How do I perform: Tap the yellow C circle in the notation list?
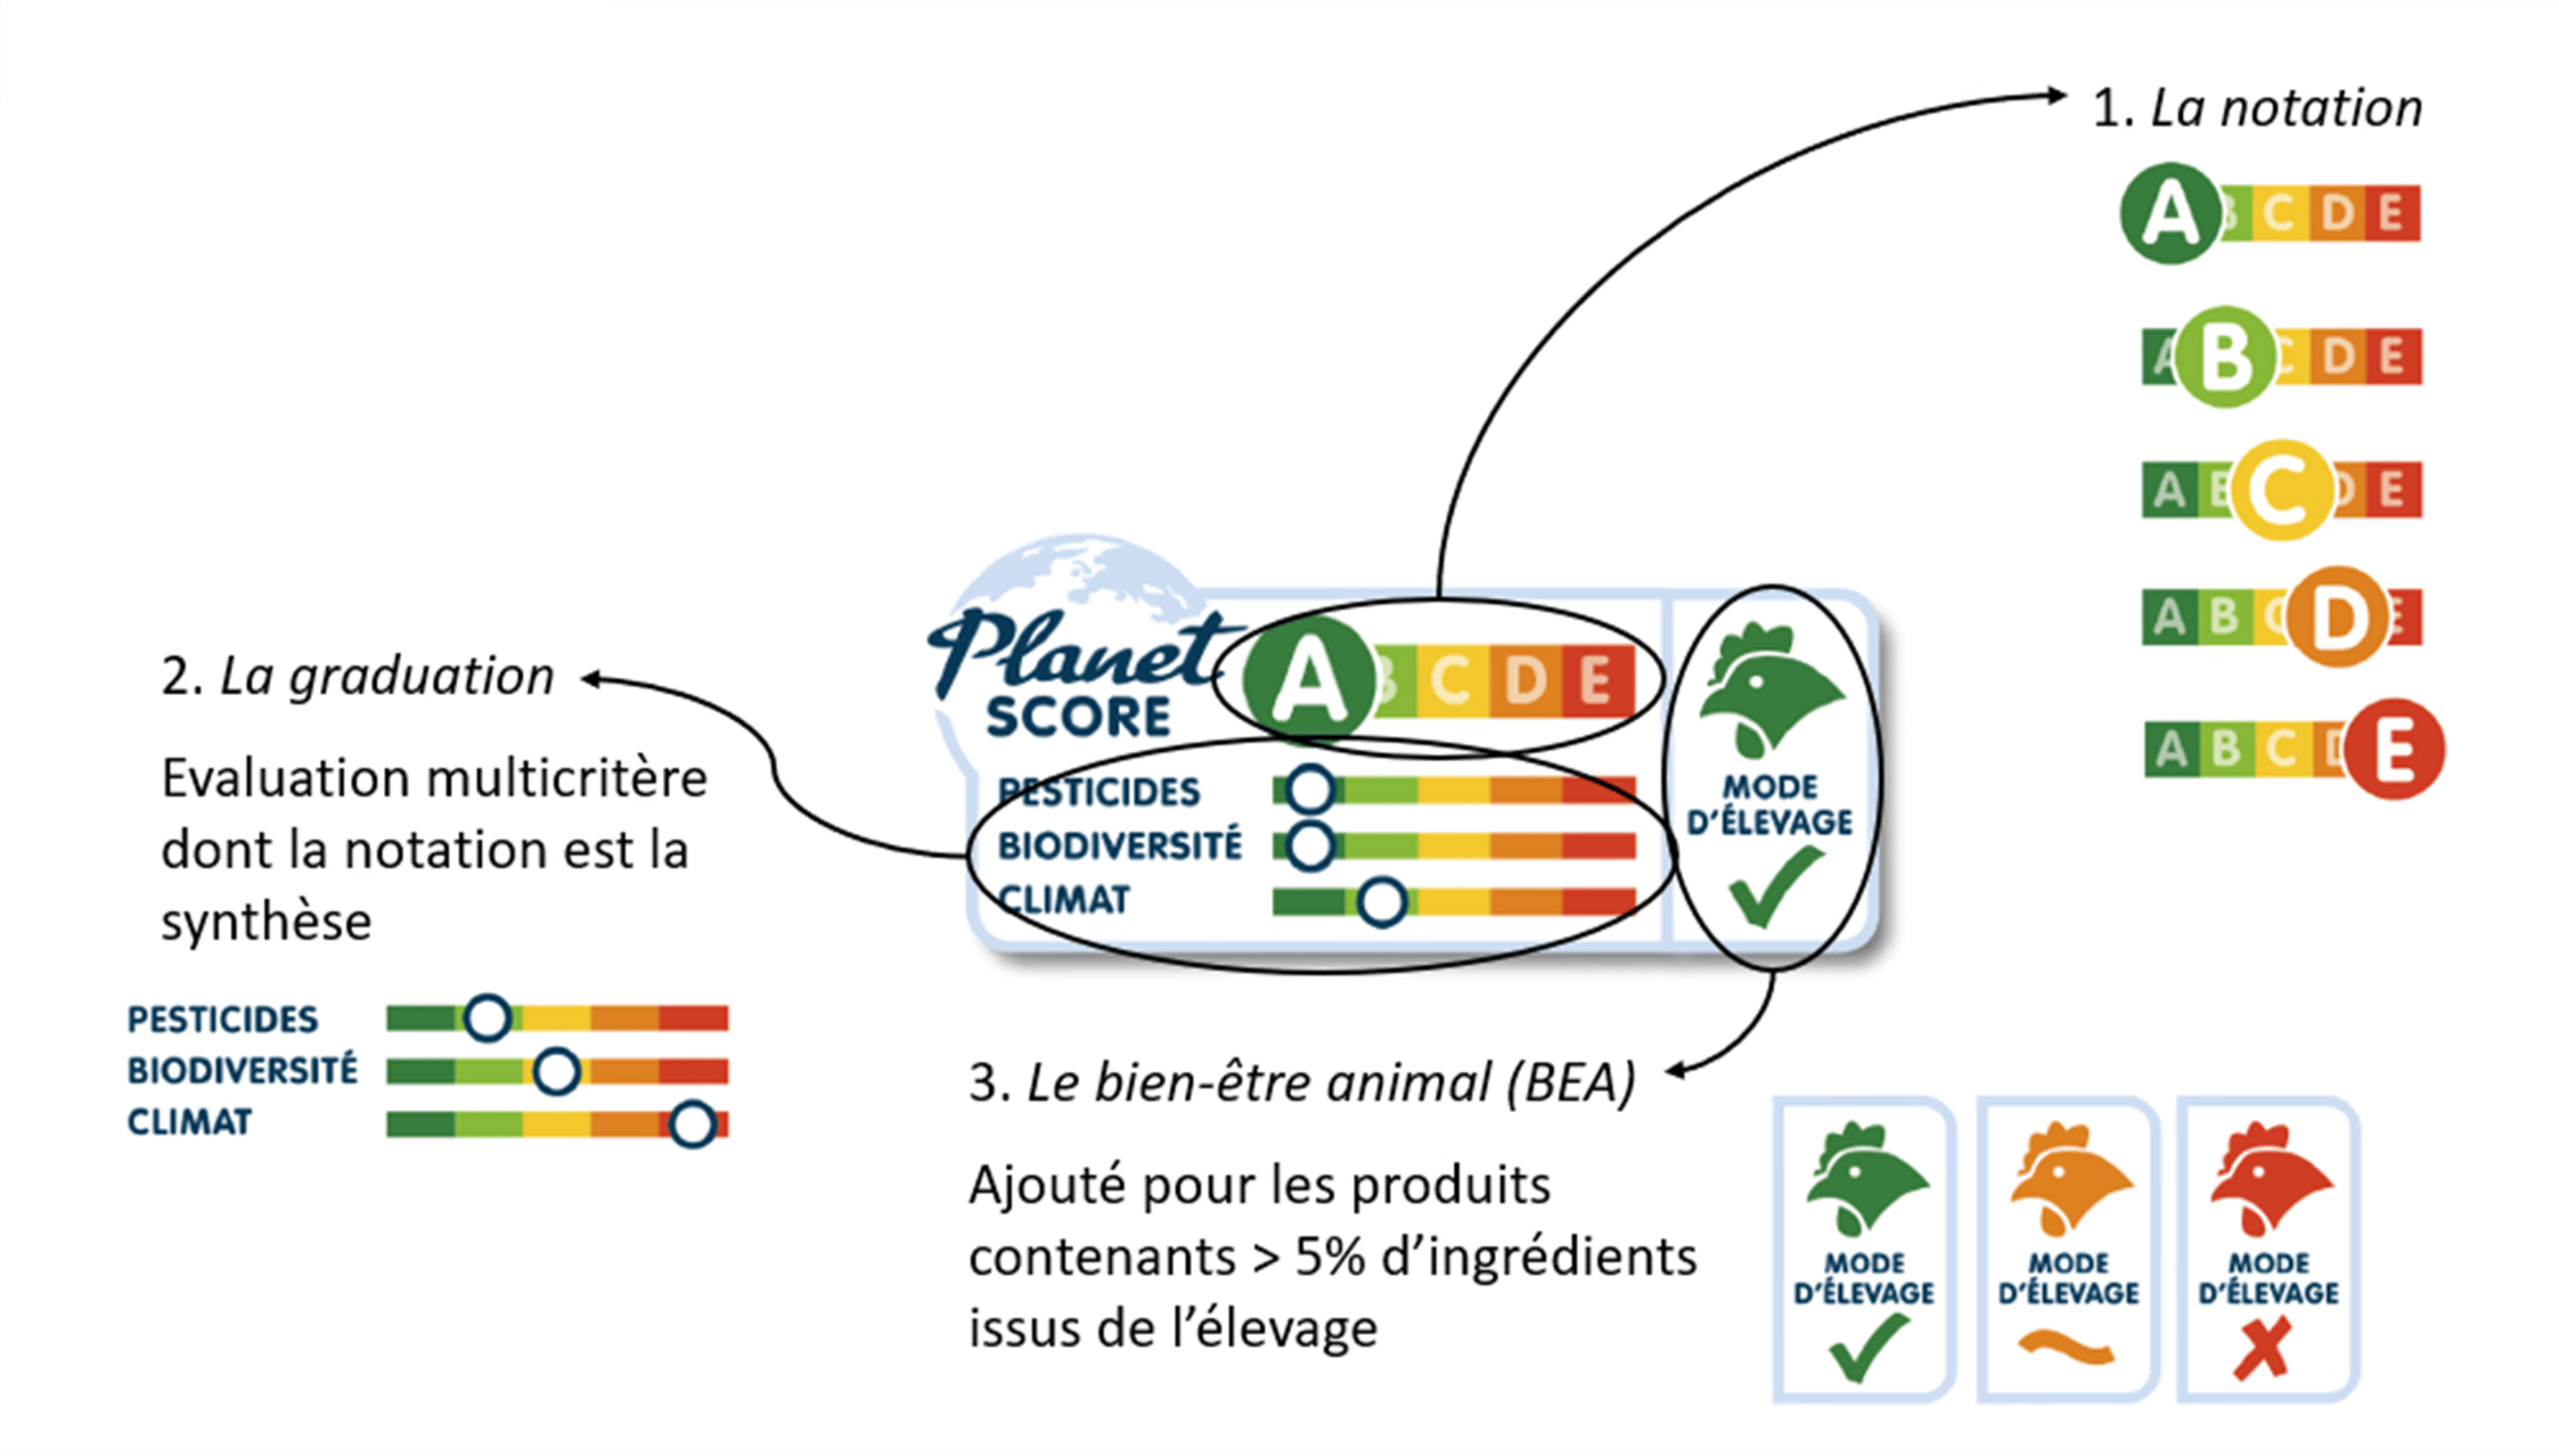tap(2283, 490)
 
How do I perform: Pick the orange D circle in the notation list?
tap(2337, 617)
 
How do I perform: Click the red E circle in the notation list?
tap(2394, 749)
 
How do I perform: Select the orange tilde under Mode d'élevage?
tap(2066, 1347)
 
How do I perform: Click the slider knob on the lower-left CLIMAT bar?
tap(692, 1124)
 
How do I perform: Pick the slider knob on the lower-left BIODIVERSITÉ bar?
tap(556, 1072)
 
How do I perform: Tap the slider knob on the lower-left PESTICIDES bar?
tap(487, 1018)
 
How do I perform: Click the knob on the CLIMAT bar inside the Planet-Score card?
tap(1382, 902)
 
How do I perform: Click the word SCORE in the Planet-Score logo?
tap(1078, 717)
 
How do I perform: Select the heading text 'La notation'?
tap(2285, 108)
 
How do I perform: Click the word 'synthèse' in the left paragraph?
tap(266, 922)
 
